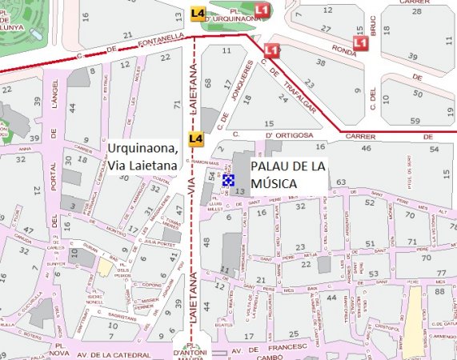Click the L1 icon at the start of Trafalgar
click(272, 50)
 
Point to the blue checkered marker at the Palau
click(229, 181)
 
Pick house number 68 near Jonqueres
click(207, 82)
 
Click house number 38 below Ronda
click(320, 62)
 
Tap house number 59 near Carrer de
click(415, 119)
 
